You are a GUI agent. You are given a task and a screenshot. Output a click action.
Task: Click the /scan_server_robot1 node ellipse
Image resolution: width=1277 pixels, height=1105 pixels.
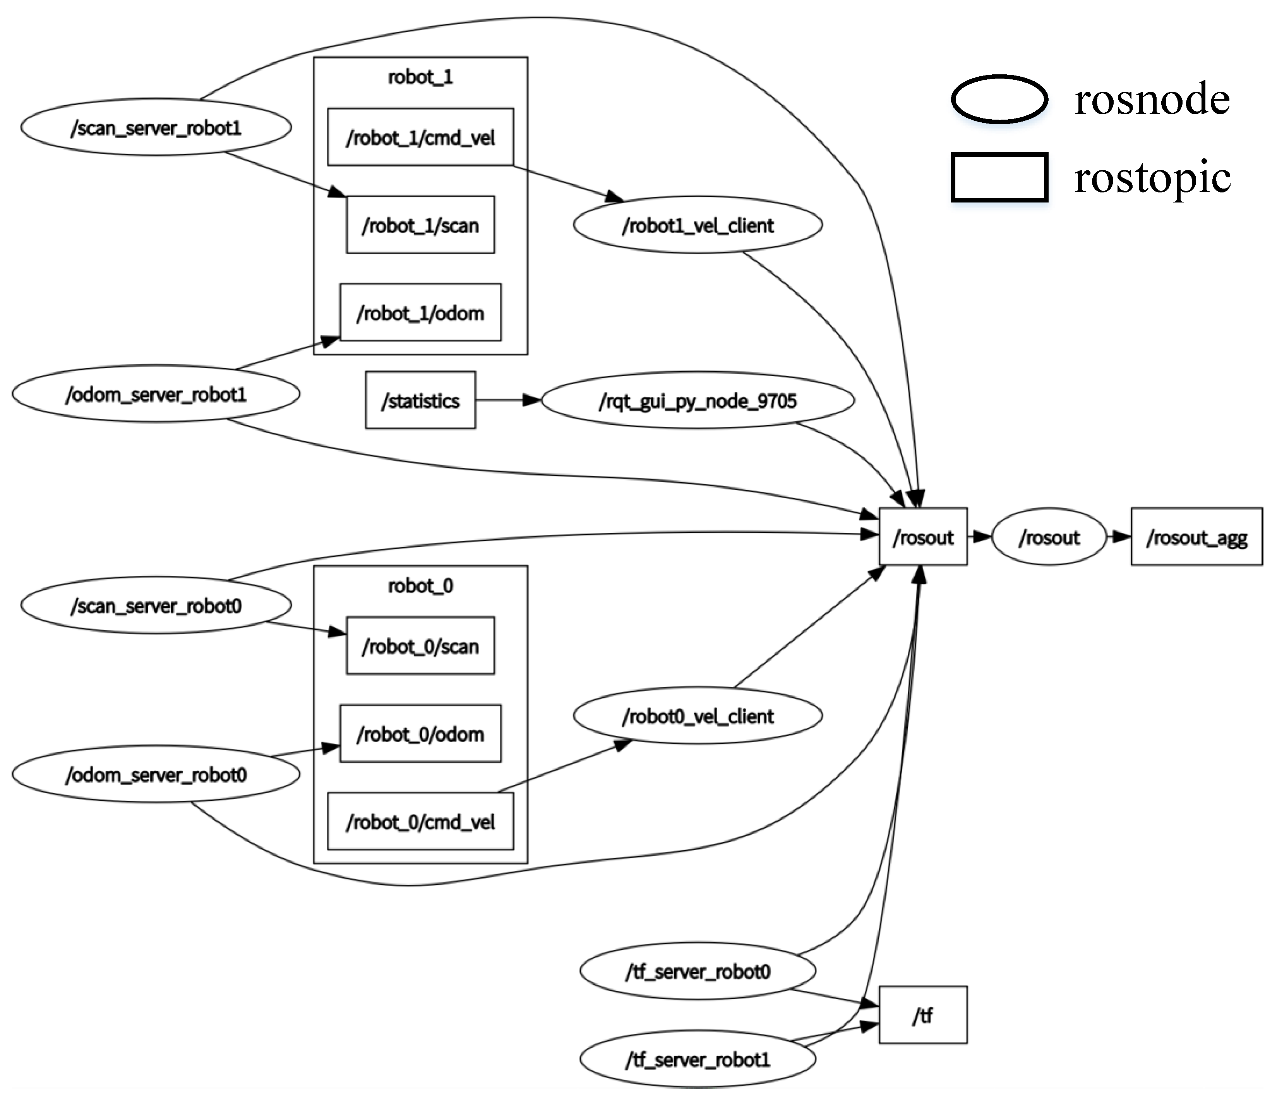click(x=156, y=128)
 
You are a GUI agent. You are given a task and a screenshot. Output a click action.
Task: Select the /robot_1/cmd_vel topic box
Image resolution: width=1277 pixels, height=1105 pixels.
click(x=420, y=137)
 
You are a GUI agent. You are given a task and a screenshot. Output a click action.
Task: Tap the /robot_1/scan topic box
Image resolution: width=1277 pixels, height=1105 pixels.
click(x=420, y=225)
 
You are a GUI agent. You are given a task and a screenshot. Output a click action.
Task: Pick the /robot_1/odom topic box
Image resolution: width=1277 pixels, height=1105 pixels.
click(x=420, y=312)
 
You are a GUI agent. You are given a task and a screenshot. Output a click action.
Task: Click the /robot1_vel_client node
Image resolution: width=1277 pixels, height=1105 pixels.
click(x=698, y=225)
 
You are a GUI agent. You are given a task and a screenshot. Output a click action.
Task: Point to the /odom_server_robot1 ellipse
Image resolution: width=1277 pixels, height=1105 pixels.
click(x=156, y=394)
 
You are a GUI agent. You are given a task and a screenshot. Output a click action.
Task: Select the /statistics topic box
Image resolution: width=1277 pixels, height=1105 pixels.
click(x=420, y=400)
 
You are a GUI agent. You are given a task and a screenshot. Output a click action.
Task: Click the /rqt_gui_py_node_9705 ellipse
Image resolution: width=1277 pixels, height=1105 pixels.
click(x=698, y=400)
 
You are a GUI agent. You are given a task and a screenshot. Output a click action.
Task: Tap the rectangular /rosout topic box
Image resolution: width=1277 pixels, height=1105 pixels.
click(x=922, y=537)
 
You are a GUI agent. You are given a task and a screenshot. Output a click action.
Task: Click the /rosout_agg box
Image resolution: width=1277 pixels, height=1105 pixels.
click(x=1196, y=537)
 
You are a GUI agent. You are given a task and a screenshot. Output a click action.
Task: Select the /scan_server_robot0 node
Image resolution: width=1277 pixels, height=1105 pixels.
click(x=156, y=606)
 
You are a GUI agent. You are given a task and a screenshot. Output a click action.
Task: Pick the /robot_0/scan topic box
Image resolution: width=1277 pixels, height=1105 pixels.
click(x=420, y=645)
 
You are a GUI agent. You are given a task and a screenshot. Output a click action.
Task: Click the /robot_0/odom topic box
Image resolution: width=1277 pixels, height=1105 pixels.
click(x=420, y=734)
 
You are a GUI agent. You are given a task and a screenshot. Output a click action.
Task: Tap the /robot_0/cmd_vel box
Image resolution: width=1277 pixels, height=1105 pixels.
click(x=420, y=821)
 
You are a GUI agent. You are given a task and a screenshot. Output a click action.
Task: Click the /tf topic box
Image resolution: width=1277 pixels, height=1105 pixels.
click(x=922, y=1016)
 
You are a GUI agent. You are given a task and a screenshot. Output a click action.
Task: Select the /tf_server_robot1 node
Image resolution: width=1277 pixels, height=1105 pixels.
click(x=698, y=1059)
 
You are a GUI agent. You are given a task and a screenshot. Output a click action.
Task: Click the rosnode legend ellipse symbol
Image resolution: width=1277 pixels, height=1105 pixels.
click(x=999, y=99)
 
